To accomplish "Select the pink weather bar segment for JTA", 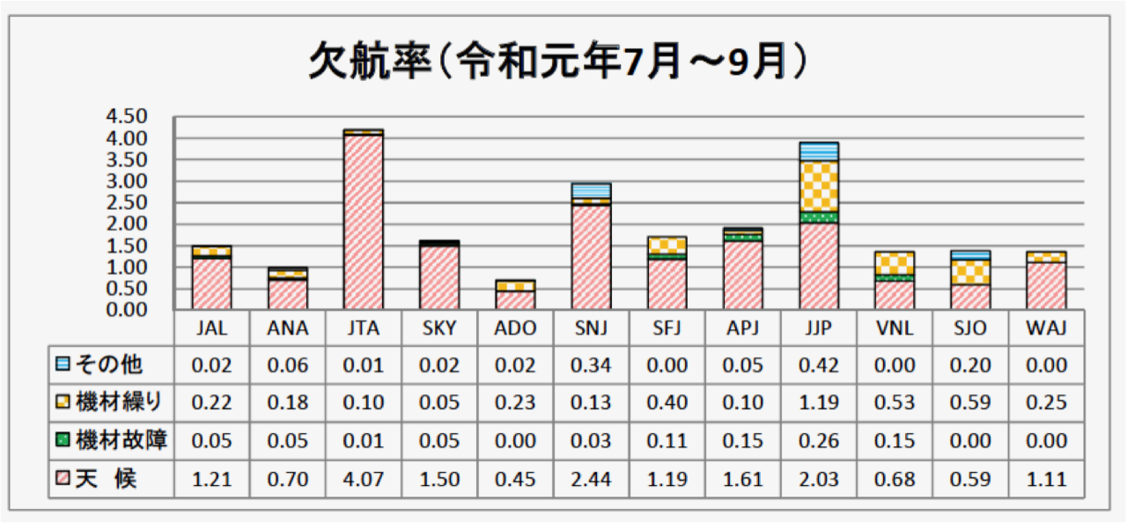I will [364, 220].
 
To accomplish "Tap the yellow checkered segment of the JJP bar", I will [818, 186].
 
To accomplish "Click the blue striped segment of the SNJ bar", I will [591, 189].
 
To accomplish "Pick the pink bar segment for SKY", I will [439, 276].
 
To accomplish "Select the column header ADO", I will [515, 328].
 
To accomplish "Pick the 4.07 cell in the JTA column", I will [364, 480].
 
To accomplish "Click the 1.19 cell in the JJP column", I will [818, 403].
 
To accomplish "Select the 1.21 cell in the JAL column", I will [212, 480].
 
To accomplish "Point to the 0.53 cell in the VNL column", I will [894, 403].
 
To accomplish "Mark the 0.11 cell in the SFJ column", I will [667, 441].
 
